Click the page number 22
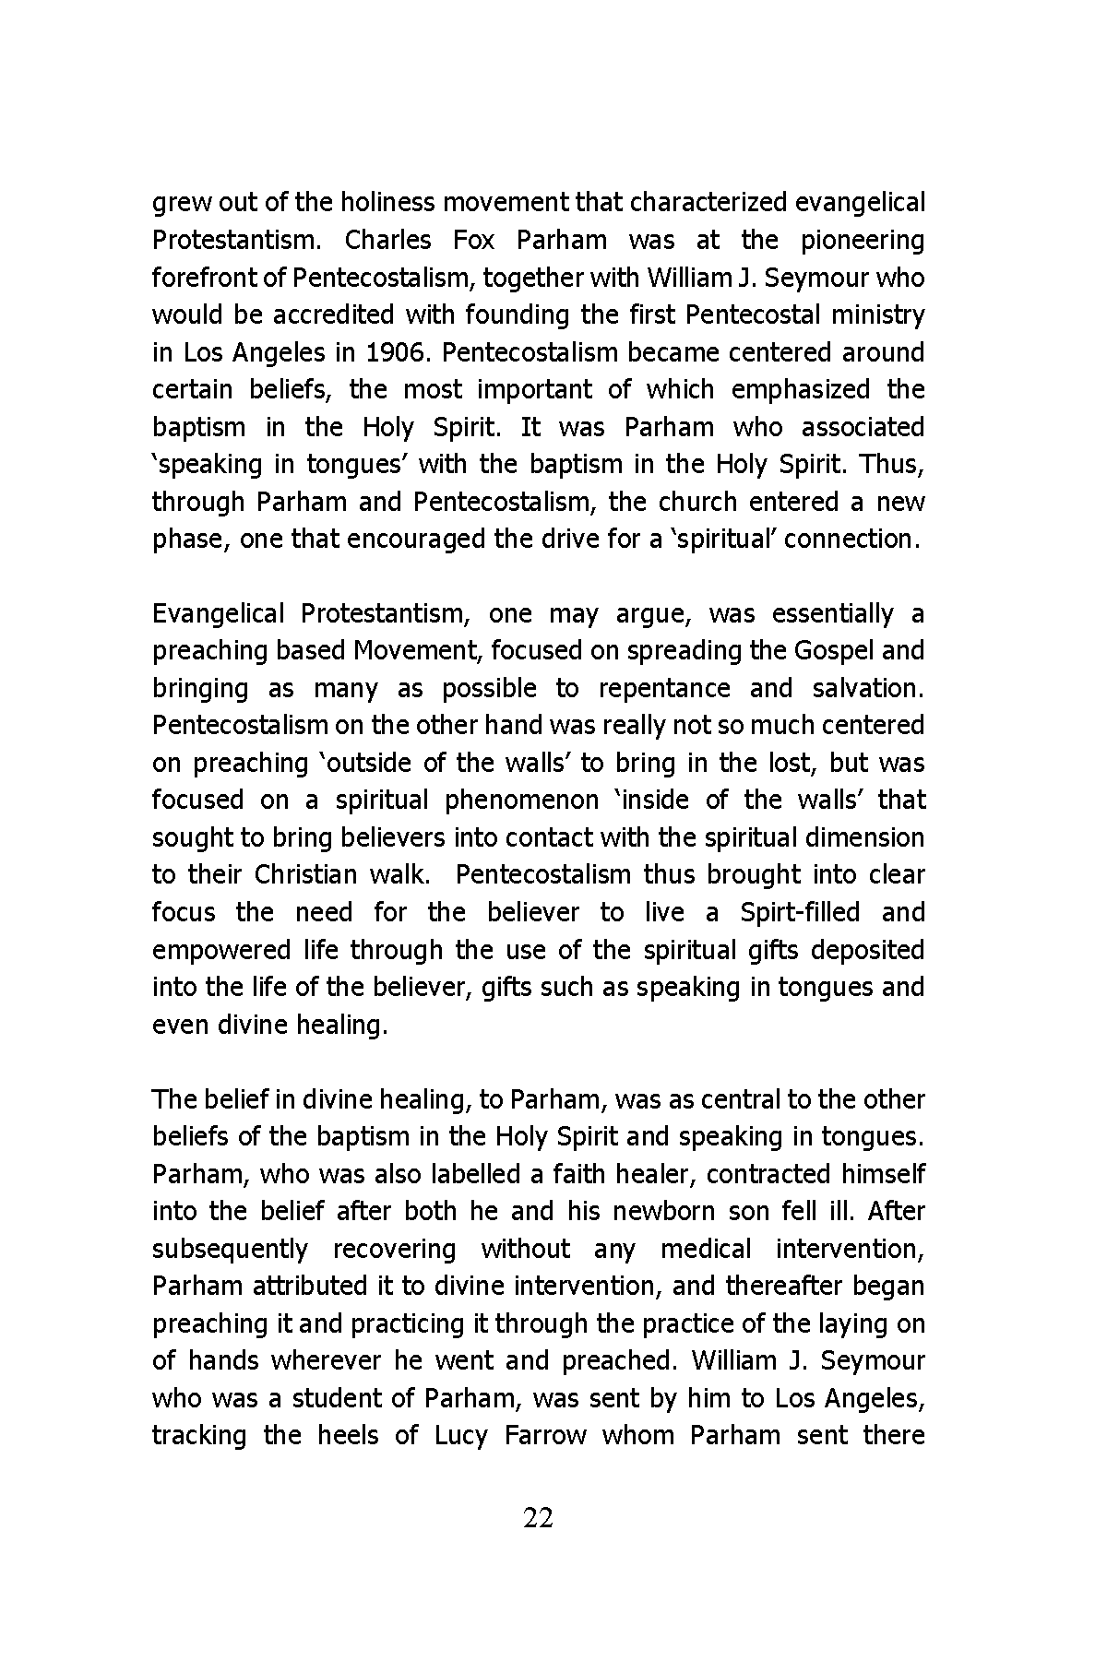click(538, 1517)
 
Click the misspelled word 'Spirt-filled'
click(800, 912)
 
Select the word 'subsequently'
click(230, 1249)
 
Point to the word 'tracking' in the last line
click(199, 1436)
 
